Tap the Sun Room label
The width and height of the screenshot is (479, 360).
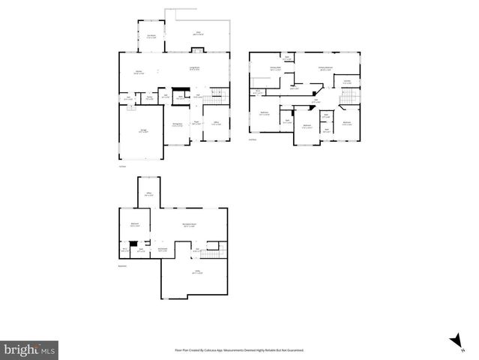click(x=151, y=36)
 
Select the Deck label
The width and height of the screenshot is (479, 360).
click(x=199, y=33)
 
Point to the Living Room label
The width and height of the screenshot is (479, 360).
click(x=193, y=69)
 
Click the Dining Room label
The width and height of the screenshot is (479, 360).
click(x=178, y=125)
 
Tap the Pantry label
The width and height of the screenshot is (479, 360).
click(x=149, y=97)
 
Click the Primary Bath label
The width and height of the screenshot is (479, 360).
click(x=275, y=68)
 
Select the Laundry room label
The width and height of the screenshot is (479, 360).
click(x=347, y=82)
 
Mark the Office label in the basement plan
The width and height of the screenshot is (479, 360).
click(x=149, y=194)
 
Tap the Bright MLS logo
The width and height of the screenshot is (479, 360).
click(x=29, y=349)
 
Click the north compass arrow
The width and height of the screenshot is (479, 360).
click(x=454, y=340)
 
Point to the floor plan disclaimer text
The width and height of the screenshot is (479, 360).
click(x=239, y=350)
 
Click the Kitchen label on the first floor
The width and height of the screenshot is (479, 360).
click(x=139, y=72)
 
